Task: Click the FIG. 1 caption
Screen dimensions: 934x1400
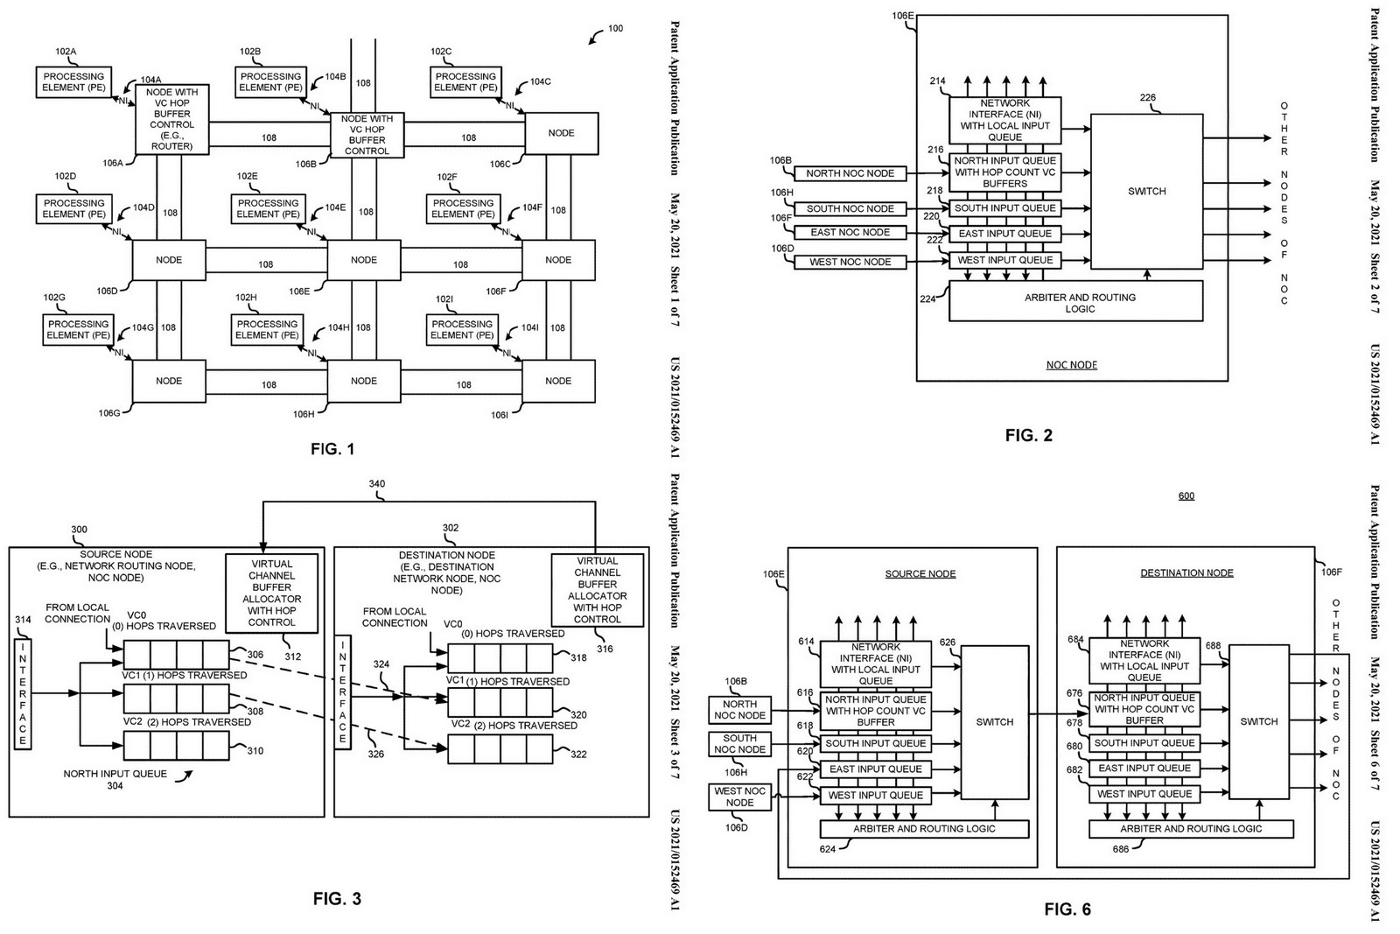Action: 332,450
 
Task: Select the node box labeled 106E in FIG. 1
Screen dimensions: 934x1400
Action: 364,260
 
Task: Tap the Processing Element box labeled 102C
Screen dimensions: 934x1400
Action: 465,82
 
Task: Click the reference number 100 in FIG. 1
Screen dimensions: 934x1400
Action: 615,29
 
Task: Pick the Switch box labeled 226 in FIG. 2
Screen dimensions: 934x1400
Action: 1146,191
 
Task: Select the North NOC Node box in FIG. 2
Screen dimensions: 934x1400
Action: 850,173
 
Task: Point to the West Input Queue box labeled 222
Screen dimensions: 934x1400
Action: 1004,260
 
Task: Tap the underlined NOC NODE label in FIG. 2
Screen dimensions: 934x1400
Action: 1071,365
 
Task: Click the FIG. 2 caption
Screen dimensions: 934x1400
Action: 1028,435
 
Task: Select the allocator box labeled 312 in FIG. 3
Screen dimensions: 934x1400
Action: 271,593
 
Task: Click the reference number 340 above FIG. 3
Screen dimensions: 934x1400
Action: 376,484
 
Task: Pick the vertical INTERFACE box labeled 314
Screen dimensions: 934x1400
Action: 23,694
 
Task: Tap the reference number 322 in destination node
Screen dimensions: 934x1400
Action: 578,755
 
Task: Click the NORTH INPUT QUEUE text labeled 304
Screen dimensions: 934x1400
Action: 115,774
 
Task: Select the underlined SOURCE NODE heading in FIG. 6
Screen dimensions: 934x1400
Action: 920,574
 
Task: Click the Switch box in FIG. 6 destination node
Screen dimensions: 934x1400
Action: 1258,721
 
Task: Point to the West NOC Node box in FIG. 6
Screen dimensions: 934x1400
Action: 739,797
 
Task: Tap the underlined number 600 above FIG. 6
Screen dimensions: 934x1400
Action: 1186,496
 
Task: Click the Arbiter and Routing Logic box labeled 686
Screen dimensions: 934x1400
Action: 1191,828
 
